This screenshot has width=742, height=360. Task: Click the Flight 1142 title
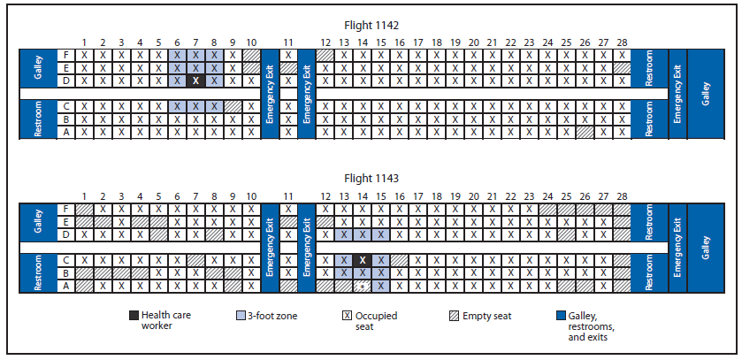click(371, 26)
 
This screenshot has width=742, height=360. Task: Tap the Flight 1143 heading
click(371, 178)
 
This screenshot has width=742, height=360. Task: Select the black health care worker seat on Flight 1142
click(195, 80)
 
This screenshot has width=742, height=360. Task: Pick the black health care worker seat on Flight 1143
click(362, 260)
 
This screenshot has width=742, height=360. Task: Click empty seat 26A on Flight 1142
click(584, 132)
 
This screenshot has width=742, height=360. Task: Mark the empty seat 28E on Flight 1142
click(621, 67)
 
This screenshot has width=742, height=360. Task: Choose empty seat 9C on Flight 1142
click(233, 106)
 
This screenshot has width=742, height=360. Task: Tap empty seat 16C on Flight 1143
click(399, 260)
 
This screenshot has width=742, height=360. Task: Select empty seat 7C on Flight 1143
click(195, 260)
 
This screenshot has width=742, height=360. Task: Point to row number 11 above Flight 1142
click(288, 42)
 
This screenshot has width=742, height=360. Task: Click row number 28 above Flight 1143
click(621, 195)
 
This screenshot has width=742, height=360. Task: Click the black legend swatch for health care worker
click(134, 315)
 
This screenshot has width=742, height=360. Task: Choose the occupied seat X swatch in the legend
click(348, 315)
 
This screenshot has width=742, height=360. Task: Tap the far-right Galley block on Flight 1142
click(705, 94)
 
